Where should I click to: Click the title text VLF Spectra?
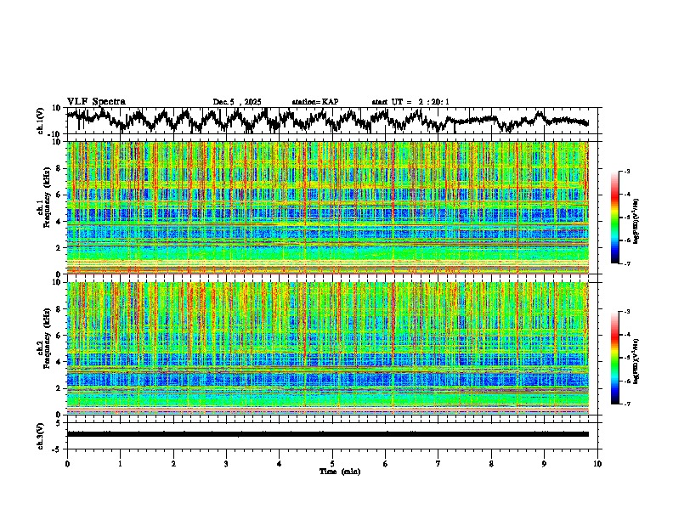click(x=96, y=101)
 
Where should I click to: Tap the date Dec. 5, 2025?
click(x=237, y=102)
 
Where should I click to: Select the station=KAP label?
click(x=314, y=102)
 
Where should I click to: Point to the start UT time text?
click(x=410, y=102)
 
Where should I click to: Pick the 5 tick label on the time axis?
click(x=332, y=463)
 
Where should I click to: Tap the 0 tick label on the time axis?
click(x=67, y=463)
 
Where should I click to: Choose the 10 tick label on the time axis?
click(x=597, y=463)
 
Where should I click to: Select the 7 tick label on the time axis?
click(x=438, y=463)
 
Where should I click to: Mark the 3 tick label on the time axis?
click(x=226, y=463)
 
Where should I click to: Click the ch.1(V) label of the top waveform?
click(x=41, y=121)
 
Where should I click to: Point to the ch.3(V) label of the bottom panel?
click(x=41, y=433)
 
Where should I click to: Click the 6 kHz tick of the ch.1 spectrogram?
click(x=59, y=195)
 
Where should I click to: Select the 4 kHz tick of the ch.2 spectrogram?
click(x=59, y=362)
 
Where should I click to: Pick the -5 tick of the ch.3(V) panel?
click(x=57, y=448)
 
